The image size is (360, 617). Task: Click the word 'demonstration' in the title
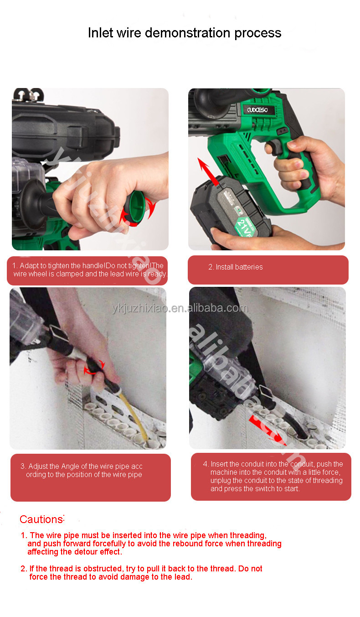[188, 33]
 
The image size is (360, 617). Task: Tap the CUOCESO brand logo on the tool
[257, 110]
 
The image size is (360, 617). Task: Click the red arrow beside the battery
[208, 172]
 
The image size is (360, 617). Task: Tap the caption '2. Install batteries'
[235, 267]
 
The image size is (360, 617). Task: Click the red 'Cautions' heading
[41, 519]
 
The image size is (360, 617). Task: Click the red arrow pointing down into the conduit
[267, 430]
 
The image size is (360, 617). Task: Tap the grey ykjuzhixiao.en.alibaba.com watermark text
[180, 308]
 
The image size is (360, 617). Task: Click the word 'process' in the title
[257, 33]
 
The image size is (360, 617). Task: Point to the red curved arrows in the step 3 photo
[94, 367]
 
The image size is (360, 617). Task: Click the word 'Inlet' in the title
[101, 33]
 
